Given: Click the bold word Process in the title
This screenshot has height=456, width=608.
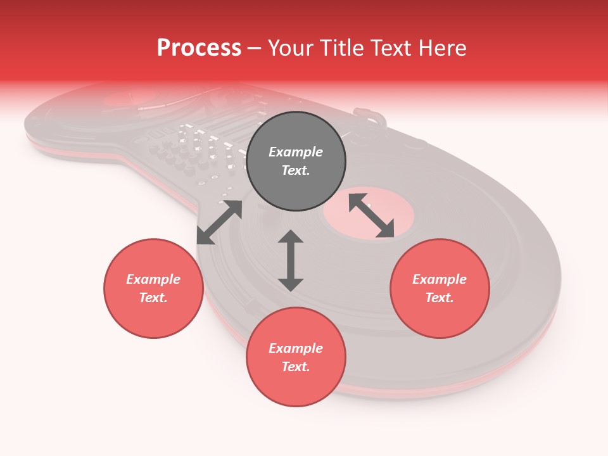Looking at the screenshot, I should pos(199,48).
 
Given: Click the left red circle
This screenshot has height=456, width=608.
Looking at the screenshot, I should pos(153,288).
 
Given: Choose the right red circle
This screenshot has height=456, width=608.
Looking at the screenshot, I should pos(440,288).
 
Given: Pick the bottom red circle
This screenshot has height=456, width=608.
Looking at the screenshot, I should pos(296,357).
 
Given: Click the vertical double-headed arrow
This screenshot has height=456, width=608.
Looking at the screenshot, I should pos(291,260).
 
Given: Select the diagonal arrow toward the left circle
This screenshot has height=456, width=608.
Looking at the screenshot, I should pos(219,222).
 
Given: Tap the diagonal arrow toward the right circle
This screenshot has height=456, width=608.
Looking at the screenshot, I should pos(372,215).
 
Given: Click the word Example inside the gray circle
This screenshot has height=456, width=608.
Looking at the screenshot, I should pos(296,152).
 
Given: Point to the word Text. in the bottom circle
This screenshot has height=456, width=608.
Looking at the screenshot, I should pos(296,367).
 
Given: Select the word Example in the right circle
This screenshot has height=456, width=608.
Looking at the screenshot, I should pos(440,279).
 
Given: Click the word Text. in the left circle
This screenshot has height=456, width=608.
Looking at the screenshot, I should pos(153,298).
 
